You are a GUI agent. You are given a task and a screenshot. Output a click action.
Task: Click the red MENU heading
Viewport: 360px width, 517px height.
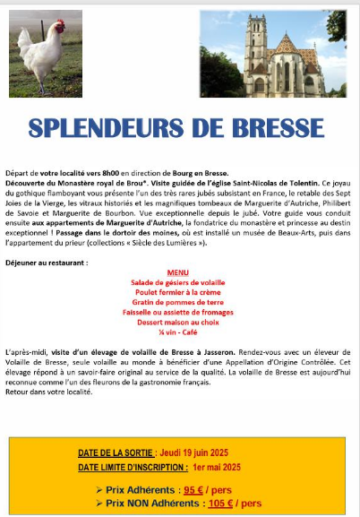178,272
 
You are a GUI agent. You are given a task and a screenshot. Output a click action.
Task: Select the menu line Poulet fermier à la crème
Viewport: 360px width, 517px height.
178,292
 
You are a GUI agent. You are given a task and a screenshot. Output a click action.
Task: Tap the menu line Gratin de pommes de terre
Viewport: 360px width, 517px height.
178,302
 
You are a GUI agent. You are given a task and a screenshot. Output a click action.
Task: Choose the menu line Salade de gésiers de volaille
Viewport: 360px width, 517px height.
178,282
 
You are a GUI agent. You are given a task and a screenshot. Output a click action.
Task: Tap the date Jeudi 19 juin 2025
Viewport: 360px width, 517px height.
201,453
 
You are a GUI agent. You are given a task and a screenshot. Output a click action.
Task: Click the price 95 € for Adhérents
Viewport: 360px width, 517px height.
193,489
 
